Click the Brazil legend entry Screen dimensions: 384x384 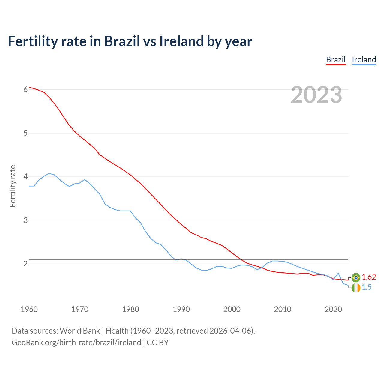336,60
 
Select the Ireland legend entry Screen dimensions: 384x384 364,60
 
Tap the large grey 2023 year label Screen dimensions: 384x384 316,95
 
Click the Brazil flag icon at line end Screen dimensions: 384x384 356,277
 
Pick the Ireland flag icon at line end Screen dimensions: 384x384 356,288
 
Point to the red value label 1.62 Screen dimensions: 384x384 369,277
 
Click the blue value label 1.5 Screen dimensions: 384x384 367,287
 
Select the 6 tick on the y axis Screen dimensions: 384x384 25,89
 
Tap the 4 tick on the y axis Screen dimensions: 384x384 25,177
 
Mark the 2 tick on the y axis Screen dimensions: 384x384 25,264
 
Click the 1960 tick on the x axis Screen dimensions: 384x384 29,309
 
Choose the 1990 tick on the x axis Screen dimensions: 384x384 181,309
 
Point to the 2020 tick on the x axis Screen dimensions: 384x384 333,309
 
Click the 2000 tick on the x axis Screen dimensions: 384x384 232,309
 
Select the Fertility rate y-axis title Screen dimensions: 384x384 13,186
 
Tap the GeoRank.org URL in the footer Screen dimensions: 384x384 76,343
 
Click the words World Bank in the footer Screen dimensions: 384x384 80,331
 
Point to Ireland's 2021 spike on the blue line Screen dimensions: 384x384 338,273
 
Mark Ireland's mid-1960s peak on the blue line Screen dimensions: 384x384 49,173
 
